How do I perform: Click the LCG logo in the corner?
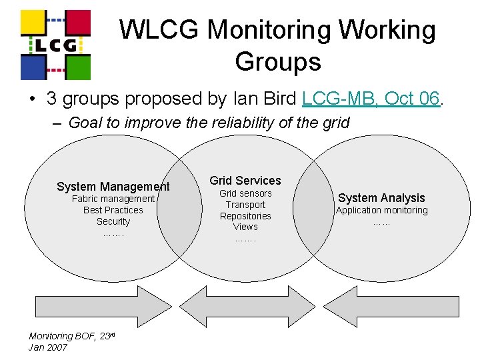(x=55, y=44)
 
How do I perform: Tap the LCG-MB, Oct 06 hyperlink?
(x=371, y=99)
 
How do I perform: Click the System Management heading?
(x=113, y=187)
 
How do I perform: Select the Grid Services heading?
(x=245, y=180)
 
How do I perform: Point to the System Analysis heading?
(x=381, y=197)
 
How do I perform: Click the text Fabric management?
(x=113, y=199)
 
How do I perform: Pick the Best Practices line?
(x=113, y=210)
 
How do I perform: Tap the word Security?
(x=113, y=221)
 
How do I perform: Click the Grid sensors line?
(x=245, y=193)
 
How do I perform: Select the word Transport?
(x=245, y=205)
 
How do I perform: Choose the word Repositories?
(x=245, y=216)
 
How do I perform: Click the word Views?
(x=245, y=227)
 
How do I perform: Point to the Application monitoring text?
(x=381, y=210)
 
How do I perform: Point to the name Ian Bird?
(x=265, y=99)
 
